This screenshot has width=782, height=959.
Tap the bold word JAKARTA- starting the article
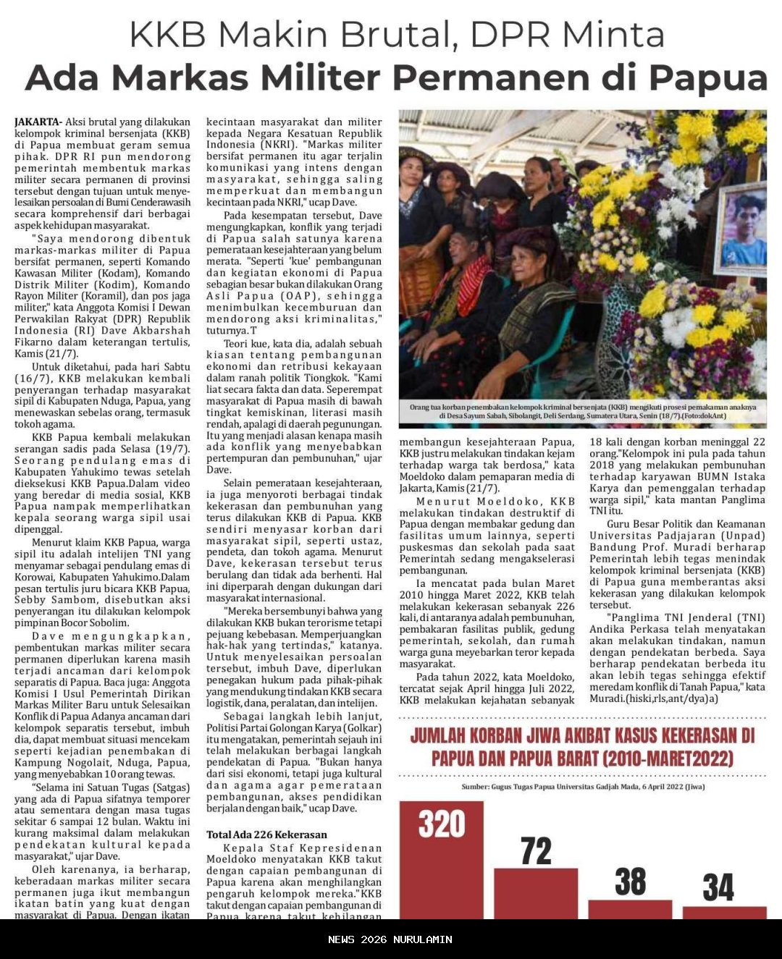coord(38,122)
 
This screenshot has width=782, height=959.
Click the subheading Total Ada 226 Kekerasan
coord(266,835)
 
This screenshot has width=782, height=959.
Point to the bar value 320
coord(441,824)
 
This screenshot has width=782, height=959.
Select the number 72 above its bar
coord(536,851)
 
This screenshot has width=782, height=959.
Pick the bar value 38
coord(630,882)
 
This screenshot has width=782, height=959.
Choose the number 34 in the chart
coord(718,888)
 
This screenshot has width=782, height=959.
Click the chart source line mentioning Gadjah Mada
coord(583,787)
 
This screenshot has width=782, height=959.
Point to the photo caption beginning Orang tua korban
coord(583,411)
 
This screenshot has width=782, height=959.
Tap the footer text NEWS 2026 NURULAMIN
coord(390,939)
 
